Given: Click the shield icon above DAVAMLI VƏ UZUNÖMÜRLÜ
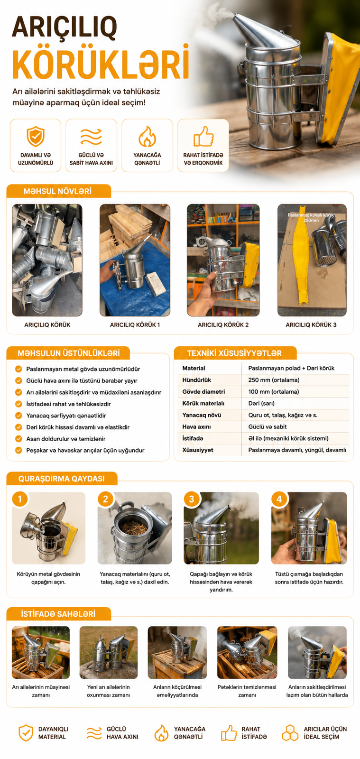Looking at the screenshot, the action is point(36,136).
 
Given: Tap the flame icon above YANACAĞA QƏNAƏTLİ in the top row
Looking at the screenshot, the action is point(147,137).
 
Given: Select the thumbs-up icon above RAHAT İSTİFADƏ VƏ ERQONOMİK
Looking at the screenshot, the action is point(203,136).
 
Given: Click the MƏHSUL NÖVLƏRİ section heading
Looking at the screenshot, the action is point(57,191).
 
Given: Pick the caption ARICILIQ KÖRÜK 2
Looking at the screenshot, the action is point(223,324).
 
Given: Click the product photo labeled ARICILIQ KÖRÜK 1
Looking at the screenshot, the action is point(135,260).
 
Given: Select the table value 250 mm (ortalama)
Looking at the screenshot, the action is point(274,380).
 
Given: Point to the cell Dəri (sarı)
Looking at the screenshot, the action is point(261,403).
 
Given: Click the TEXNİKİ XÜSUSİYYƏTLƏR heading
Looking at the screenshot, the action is point(234,353).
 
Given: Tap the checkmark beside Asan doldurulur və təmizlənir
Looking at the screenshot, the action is point(18,438).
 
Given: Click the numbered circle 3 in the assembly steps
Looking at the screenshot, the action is point(192,499).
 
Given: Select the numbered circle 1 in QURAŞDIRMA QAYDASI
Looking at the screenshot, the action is point(20,499).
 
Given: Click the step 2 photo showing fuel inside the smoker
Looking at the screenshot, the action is point(135,528).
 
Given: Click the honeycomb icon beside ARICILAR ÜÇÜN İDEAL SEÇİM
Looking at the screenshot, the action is point(290,733).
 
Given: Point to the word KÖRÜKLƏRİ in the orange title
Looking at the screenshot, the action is point(101,63).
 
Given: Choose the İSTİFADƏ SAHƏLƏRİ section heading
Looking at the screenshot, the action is point(58,614).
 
